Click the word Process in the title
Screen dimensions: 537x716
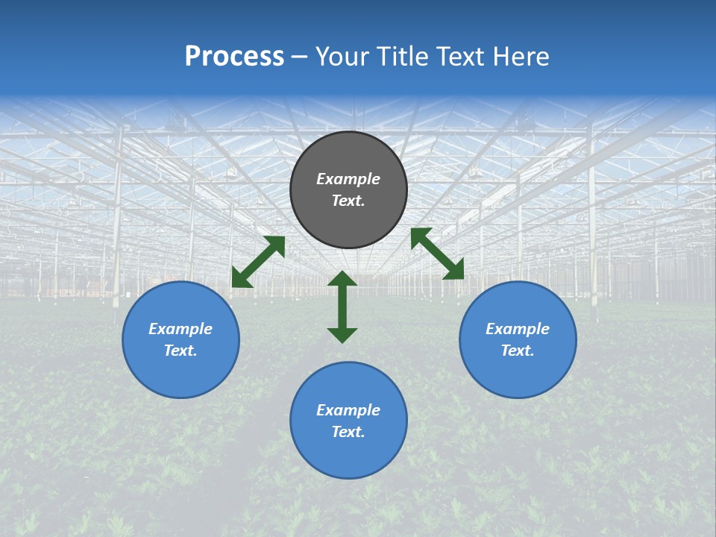pyautogui.click(x=234, y=57)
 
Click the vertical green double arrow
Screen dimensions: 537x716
pyautogui.click(x=342, y=307)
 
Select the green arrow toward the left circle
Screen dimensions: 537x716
pyautogui.click(x=258, y=262)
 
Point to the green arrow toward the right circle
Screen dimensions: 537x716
pyautogui.click(x=437, y=254)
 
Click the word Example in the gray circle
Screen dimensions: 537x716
pyautogui.click(x=348, y=179)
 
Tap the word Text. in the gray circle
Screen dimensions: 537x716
pyautogui.click(x=348, y=201)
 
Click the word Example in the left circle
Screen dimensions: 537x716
pyautogui.click(x=180, y=329)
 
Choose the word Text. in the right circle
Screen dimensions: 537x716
pyautogui.click(x=518, y=351)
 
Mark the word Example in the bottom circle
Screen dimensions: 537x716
pyautogui.click(x=348, y=410)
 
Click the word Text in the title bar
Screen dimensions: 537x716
pyautogui.click(x=459, y=57)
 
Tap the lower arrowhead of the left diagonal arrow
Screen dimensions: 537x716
pyautogui.click(x=239, y=280)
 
